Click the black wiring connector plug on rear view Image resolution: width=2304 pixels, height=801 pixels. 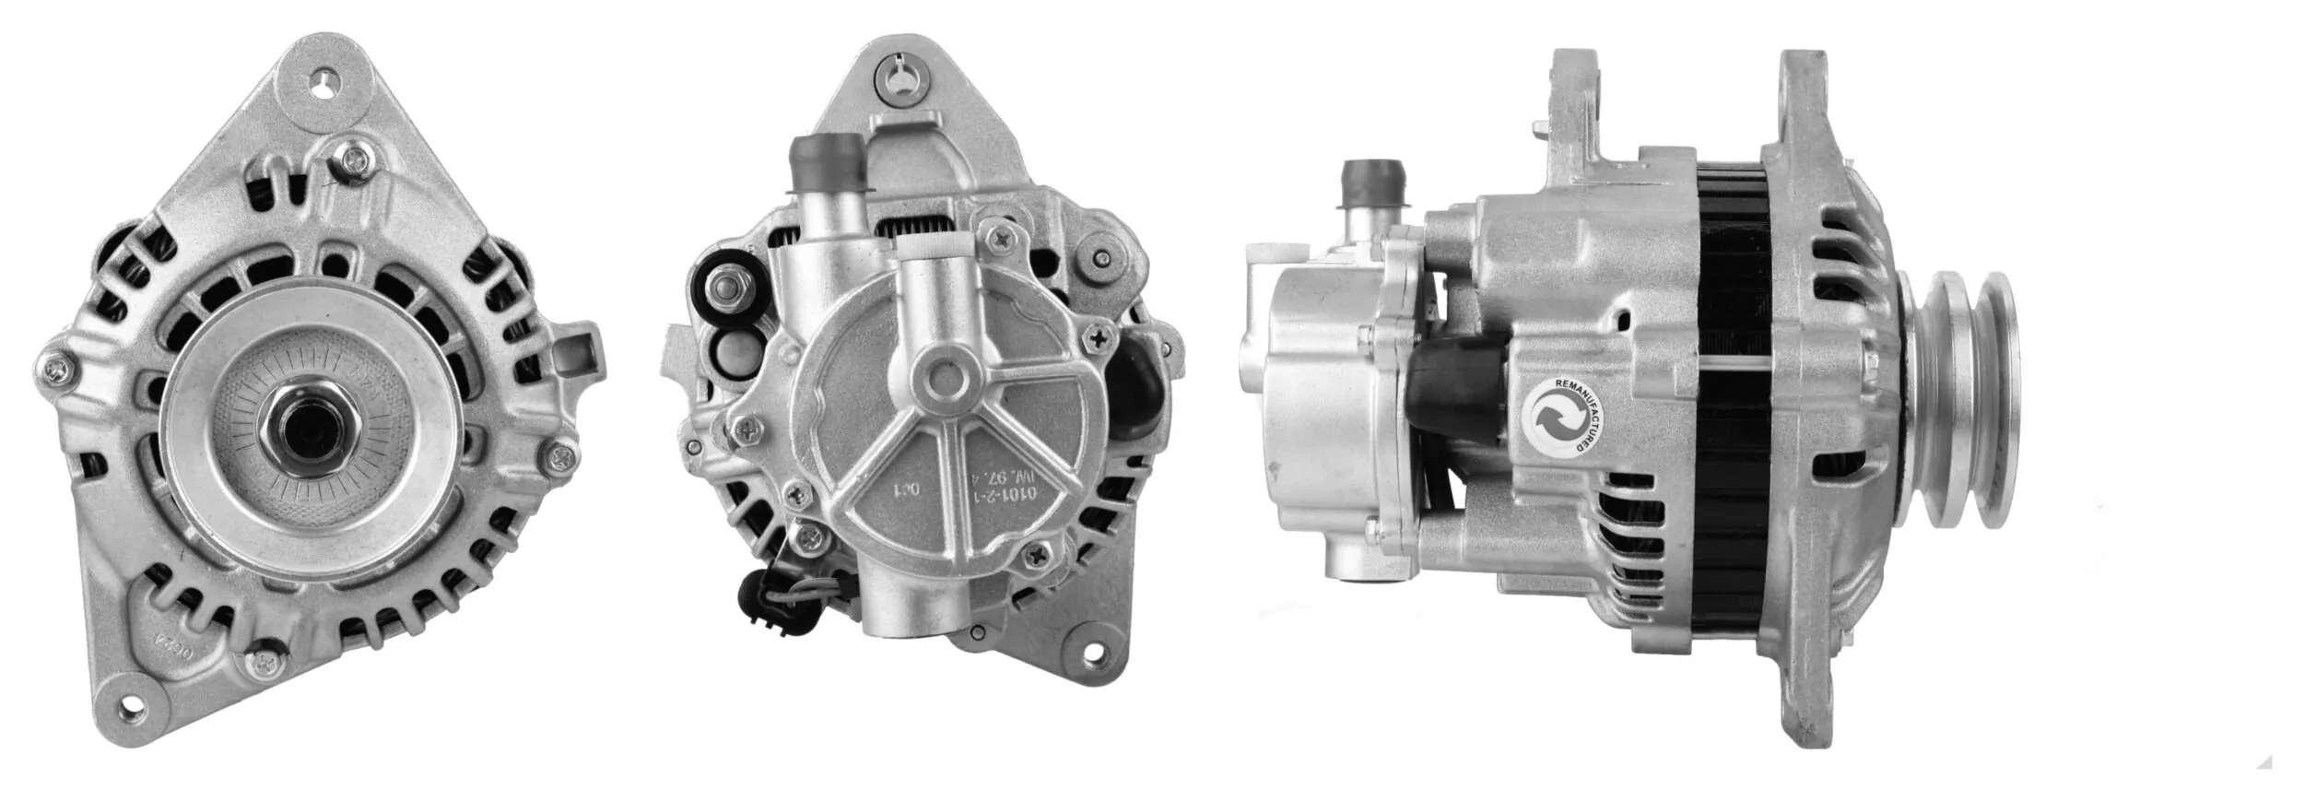[x=758, y=592]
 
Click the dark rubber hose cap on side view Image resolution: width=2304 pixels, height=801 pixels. [x=1373, y=185]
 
